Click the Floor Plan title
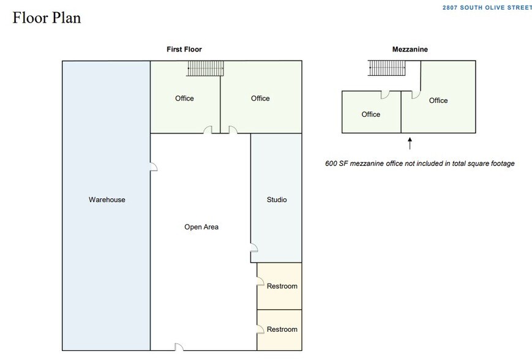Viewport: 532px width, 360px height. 47,18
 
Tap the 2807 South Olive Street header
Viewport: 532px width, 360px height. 487,7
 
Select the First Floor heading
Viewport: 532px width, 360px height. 184,49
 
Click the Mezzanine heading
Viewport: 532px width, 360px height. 410,49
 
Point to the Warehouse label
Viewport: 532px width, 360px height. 107,200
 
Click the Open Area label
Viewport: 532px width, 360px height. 201,227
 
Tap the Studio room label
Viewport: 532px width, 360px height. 277,200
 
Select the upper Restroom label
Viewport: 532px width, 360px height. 282,286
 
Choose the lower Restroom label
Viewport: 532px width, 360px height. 282,329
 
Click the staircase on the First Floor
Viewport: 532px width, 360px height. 205,69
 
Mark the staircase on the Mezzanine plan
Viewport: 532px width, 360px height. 387,68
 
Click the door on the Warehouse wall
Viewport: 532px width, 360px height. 154,167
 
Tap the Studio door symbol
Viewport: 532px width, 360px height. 254,248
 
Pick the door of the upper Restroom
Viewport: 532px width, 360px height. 260,281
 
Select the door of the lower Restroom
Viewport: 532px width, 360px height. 260,329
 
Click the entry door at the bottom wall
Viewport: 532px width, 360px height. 179,347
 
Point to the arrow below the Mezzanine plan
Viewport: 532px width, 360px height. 410,143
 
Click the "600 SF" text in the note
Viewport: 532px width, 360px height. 337,163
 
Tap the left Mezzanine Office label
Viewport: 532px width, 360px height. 371,114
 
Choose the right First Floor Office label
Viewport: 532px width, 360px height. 260,99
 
